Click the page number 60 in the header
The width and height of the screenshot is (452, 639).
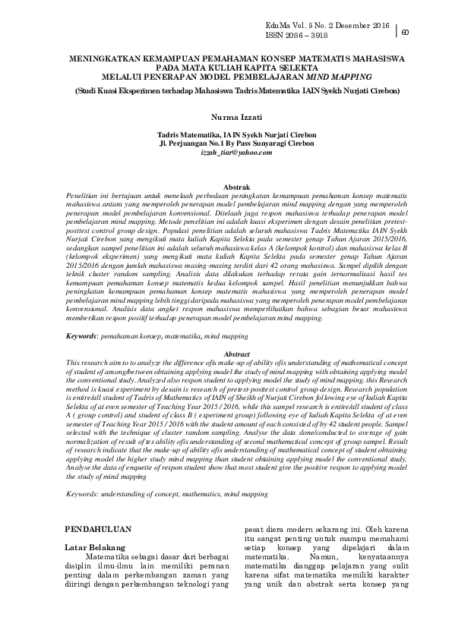pos(406,32)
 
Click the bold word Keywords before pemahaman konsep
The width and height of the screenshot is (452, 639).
pos(83,335)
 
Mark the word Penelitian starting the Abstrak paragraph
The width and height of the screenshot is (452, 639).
pos(84,194)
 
